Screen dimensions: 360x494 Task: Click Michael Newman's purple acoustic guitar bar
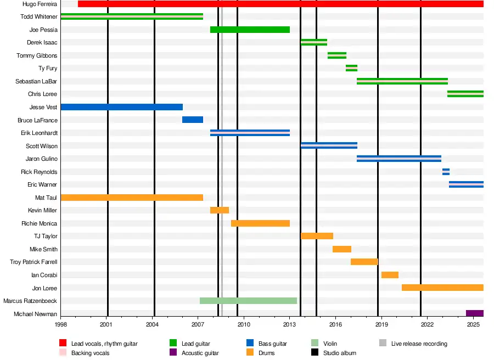click(474, 313)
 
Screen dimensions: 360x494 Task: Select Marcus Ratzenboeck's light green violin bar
click(248, 301)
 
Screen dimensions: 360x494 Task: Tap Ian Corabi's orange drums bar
click(390, 275)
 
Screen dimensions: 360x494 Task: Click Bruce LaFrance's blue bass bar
click(193, 120)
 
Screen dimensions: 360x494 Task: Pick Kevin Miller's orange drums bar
click(220, 210)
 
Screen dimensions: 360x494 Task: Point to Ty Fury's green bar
click(351, 68)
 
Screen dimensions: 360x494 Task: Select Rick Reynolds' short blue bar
click(446, 172)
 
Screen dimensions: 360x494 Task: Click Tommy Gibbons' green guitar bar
click(337, 55)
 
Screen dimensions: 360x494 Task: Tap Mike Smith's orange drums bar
click(342, 249)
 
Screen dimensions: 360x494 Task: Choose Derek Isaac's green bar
click(314, 42)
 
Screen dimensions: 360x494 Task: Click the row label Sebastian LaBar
click(36, 81)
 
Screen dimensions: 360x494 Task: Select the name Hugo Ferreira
click(40, 4)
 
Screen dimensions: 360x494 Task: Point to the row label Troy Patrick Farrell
click(33, 262)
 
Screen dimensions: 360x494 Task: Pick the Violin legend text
click(330, 344)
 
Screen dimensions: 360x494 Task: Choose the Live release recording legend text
click(419, 344)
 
